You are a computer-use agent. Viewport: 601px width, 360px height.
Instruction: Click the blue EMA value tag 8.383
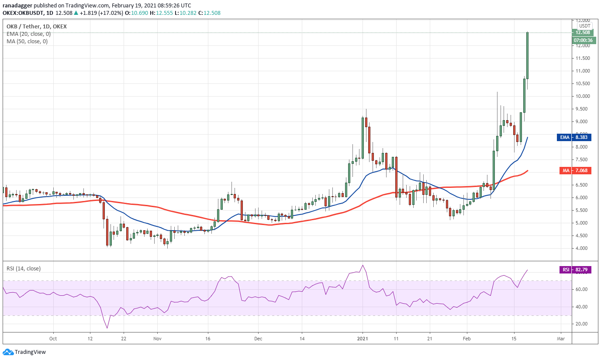click(x=575, y=137)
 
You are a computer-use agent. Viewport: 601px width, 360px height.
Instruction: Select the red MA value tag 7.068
click(x=575, y=170)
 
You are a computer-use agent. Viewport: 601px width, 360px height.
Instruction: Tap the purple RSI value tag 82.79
click(x=575, y=270)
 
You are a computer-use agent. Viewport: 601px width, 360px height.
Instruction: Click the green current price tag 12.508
click(x=583, y=32)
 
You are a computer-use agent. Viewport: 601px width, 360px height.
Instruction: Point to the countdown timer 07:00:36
click(x=583, y=40)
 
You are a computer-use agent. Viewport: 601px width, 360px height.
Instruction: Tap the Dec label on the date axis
click(x=258, y=339)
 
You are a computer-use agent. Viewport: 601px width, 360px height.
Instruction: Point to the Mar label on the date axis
click(x=561, y=339)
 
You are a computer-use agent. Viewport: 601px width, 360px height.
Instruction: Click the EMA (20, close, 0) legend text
click(x=28, y=34)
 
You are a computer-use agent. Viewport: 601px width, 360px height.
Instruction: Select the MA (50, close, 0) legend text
click(x=27, y=42)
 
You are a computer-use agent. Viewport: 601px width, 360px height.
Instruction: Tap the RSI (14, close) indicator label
click(x=24, y=269)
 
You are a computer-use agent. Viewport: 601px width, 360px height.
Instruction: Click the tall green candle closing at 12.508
click(x=528, y=55)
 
